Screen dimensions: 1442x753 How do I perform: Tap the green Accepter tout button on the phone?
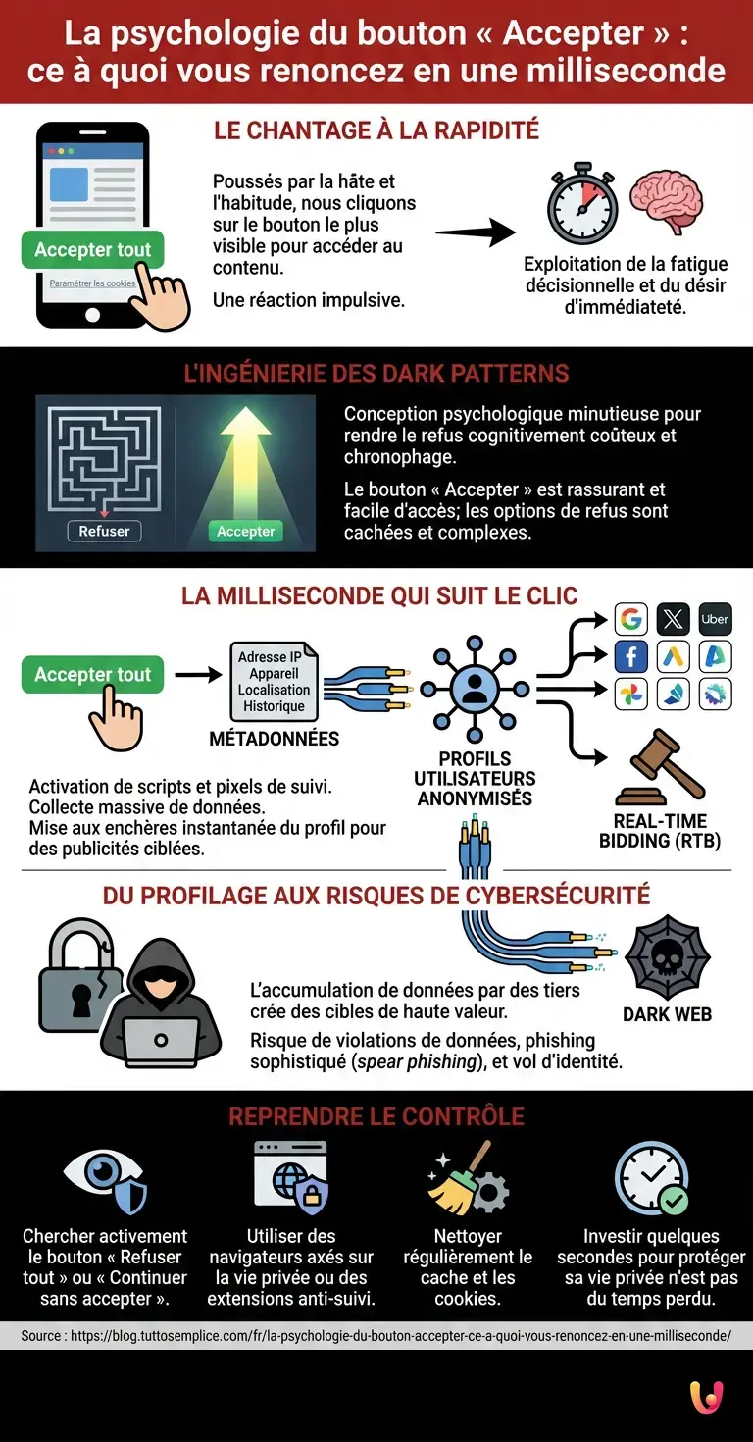coord(92,249)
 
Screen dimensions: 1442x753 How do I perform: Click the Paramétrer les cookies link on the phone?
coord(92,283)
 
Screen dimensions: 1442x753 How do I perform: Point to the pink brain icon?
coord(665,202)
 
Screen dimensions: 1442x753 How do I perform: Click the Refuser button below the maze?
coord(104,531)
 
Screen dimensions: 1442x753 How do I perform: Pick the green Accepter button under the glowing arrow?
coord(245,531)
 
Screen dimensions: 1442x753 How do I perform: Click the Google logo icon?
coord(630,619)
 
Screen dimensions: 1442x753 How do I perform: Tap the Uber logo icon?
coord(715,619)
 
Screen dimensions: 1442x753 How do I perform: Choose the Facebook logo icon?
coord(630,656)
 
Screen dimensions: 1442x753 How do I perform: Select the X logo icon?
coord(673,619)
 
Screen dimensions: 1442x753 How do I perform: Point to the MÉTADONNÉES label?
coord(275,739)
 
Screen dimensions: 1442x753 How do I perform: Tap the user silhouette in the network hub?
coord(475,689)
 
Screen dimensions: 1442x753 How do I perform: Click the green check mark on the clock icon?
coord(674,1199)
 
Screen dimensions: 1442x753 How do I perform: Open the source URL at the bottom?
coord(376,1335)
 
